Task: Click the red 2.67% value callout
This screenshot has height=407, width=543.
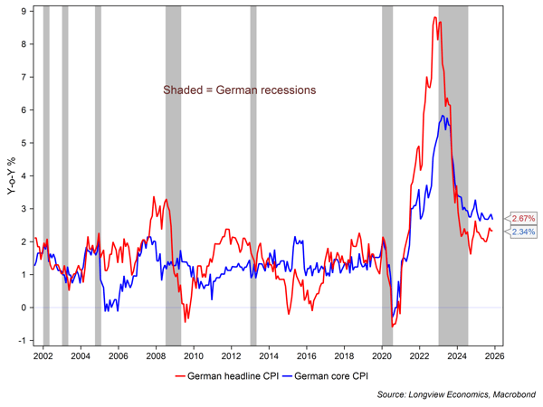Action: pos(523,219)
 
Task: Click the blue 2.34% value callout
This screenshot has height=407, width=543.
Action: pos(523,232)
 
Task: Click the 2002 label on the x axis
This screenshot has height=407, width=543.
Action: pos(41,356)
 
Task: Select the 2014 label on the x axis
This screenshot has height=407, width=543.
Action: pos(268,356)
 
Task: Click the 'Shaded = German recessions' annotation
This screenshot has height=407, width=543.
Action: pos(239,90)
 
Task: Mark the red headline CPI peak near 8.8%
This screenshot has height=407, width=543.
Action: pos(435,18)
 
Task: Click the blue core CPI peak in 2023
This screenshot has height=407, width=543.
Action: pos(442,116)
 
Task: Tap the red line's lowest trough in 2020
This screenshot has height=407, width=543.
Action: pos(392,326)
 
